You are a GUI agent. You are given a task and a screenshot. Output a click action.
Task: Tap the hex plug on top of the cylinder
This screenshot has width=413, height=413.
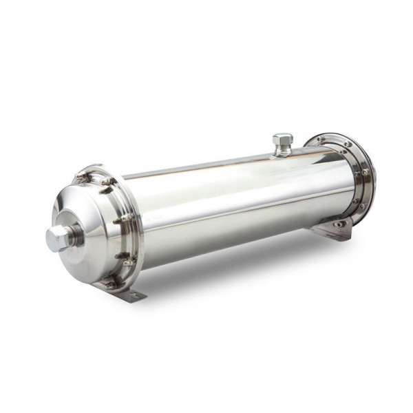[x=281, y=140]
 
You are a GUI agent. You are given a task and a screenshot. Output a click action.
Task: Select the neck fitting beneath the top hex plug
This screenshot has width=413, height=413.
[x=281, y=151]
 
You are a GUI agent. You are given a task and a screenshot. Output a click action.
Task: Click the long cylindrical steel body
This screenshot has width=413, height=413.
[x=234, y=206]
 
